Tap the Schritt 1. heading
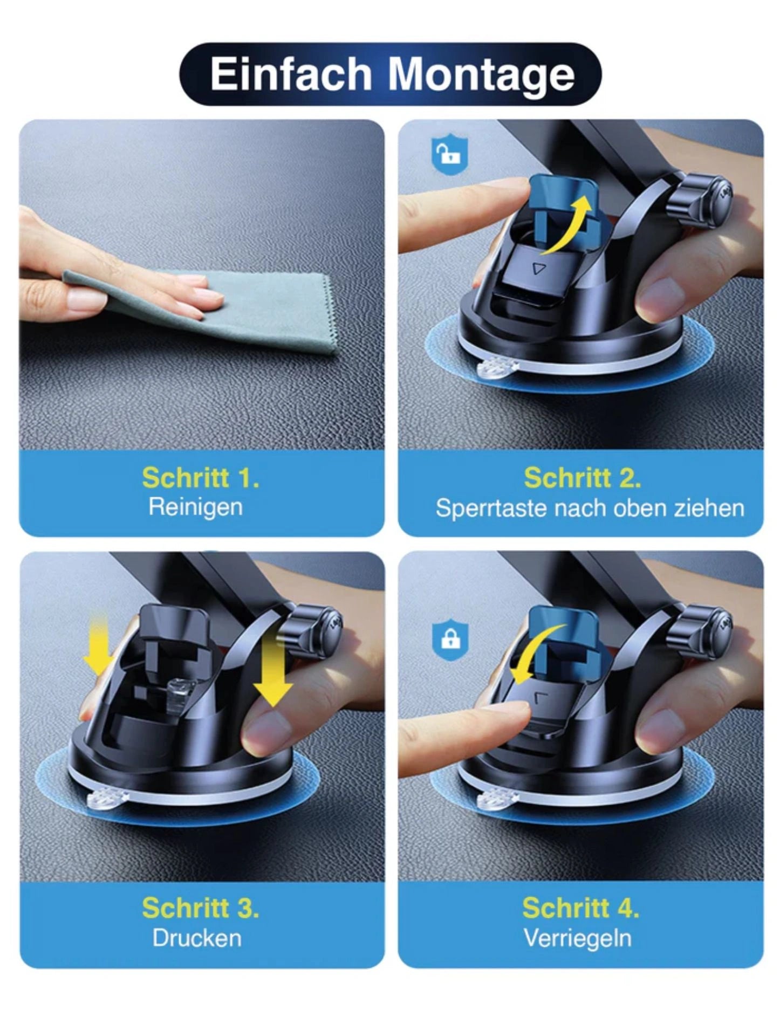[x=201, y=478]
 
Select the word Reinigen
[x=195, y=507]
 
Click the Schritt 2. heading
[x=583, y=478]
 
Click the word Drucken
[x=197, y=938]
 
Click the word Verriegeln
[x=578, y=939]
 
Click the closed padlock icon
[x=450, y=640]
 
